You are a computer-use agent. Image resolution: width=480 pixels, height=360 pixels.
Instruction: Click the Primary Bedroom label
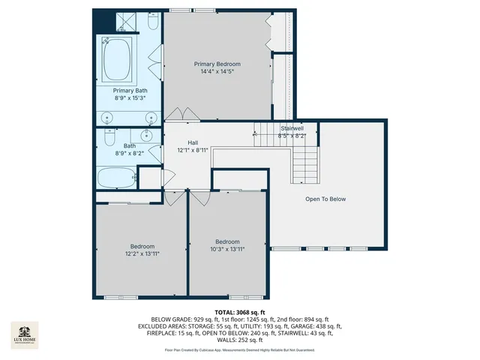[x=217, y=64]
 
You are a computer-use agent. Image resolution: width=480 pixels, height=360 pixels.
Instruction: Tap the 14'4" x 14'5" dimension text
[x=217, y=72]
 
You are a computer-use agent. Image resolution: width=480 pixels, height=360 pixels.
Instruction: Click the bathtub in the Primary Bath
[x=118, y=62]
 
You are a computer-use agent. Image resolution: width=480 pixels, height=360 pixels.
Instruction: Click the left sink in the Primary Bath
[x=107, y=118]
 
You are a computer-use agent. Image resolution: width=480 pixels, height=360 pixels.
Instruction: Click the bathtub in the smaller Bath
[x=116, y=179]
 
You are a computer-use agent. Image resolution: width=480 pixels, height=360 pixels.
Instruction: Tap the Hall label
[x=193, y=142]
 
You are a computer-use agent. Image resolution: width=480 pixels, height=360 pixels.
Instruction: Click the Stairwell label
[x=292, y=128]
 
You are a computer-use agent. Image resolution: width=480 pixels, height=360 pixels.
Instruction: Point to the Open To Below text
[x=325, y=199]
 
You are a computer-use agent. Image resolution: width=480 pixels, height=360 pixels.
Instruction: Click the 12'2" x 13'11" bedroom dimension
[x=142, y=254]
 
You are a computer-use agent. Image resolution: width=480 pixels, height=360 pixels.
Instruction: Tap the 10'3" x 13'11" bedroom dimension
[x=227, y=250]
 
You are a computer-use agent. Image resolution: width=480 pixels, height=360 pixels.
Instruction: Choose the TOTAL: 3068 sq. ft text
[x=239, y=311]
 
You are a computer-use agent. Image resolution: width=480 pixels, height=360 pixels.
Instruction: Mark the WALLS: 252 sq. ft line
[x=239, y=340]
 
